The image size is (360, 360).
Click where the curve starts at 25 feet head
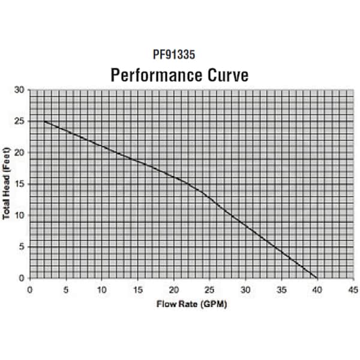coord(44,121)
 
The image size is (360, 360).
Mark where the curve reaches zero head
coord(317,278)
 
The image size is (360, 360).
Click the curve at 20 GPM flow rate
coord(173,178)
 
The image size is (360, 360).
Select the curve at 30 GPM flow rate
coord(245,224)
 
